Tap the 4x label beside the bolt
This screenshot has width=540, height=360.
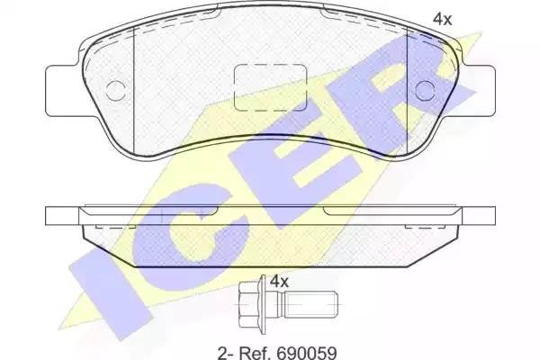tap(279, 282)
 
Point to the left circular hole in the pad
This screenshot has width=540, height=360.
tap(114, 89)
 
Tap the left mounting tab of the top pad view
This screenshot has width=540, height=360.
tap(59, 83)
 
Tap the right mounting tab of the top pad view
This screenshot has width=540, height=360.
tap(481, 83)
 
